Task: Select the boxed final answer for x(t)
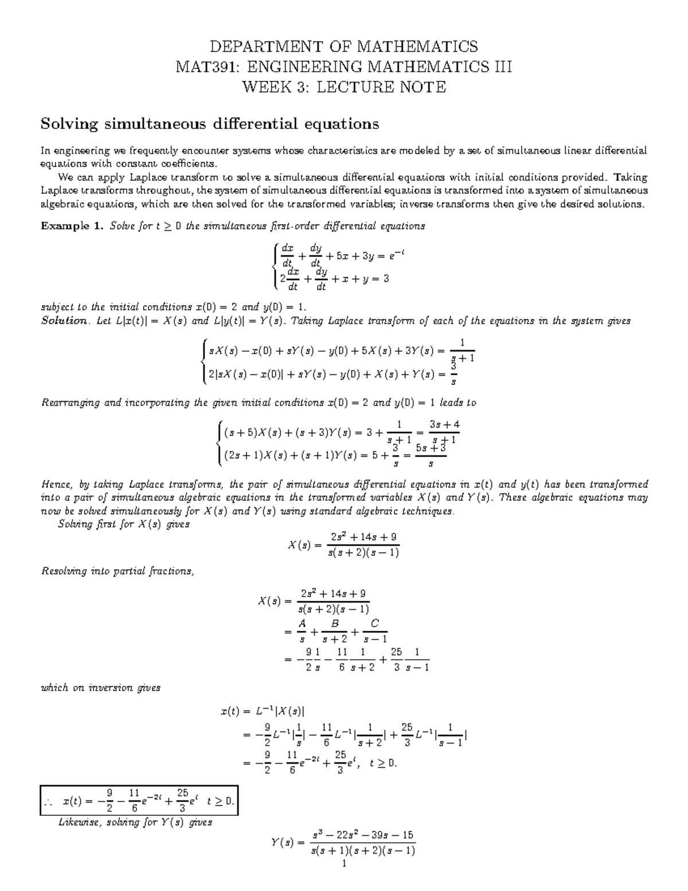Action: coord(139,800)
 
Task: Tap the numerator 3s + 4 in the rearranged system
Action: coord(444,425)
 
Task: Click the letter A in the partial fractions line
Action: coord(302,623)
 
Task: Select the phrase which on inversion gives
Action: coord(101,687)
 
